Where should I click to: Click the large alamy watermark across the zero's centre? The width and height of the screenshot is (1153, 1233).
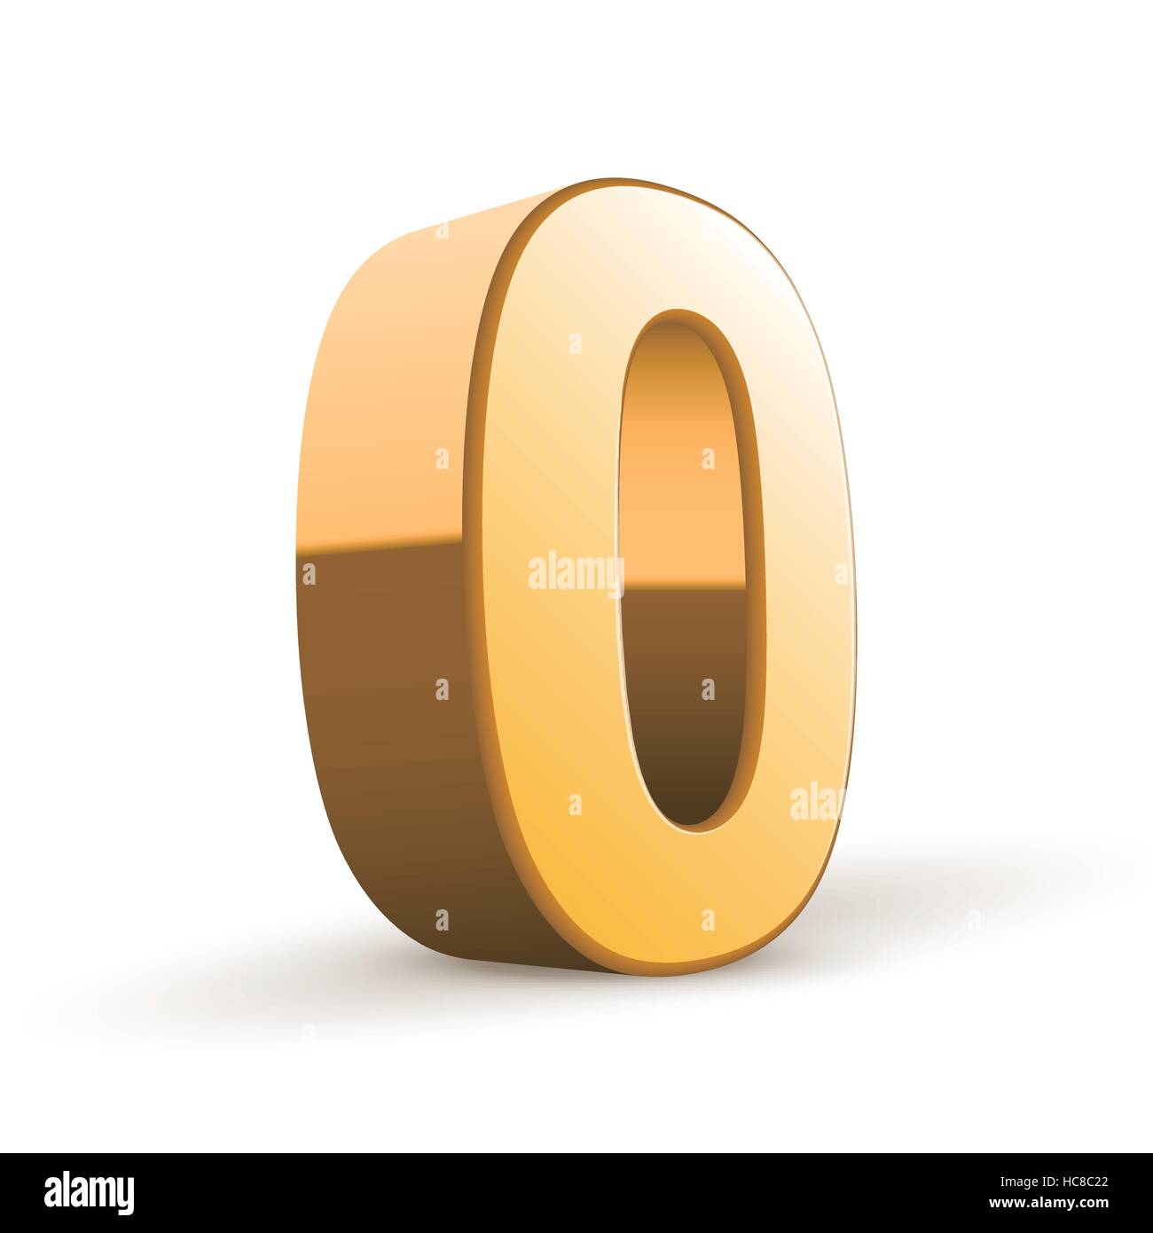(576, 573)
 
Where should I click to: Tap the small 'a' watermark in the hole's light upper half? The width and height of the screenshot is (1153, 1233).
(707, 459)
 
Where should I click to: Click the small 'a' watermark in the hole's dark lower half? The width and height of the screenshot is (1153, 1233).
(707, 689)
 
